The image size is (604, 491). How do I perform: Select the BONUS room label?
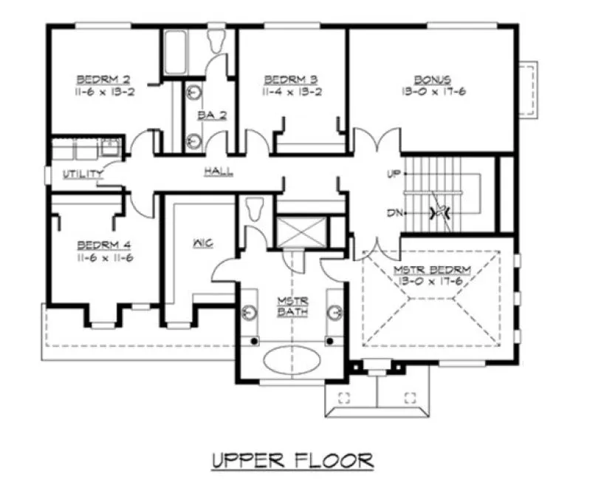pyautogui.click(x=433, y=78)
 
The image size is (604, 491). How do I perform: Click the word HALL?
pyautogui.click(x=219, y=172)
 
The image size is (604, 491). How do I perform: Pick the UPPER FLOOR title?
pyautogui.click(x=292, y=460)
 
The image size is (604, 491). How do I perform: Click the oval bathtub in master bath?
pyautogui.click(x=292, y=362)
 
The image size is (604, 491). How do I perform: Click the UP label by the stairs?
pyautogui.click(x=393, y=175)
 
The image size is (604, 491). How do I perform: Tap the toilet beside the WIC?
pyautogui.click(x=255, y=209)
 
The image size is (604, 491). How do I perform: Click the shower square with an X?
pyautogui.click(x=301, y=231)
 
